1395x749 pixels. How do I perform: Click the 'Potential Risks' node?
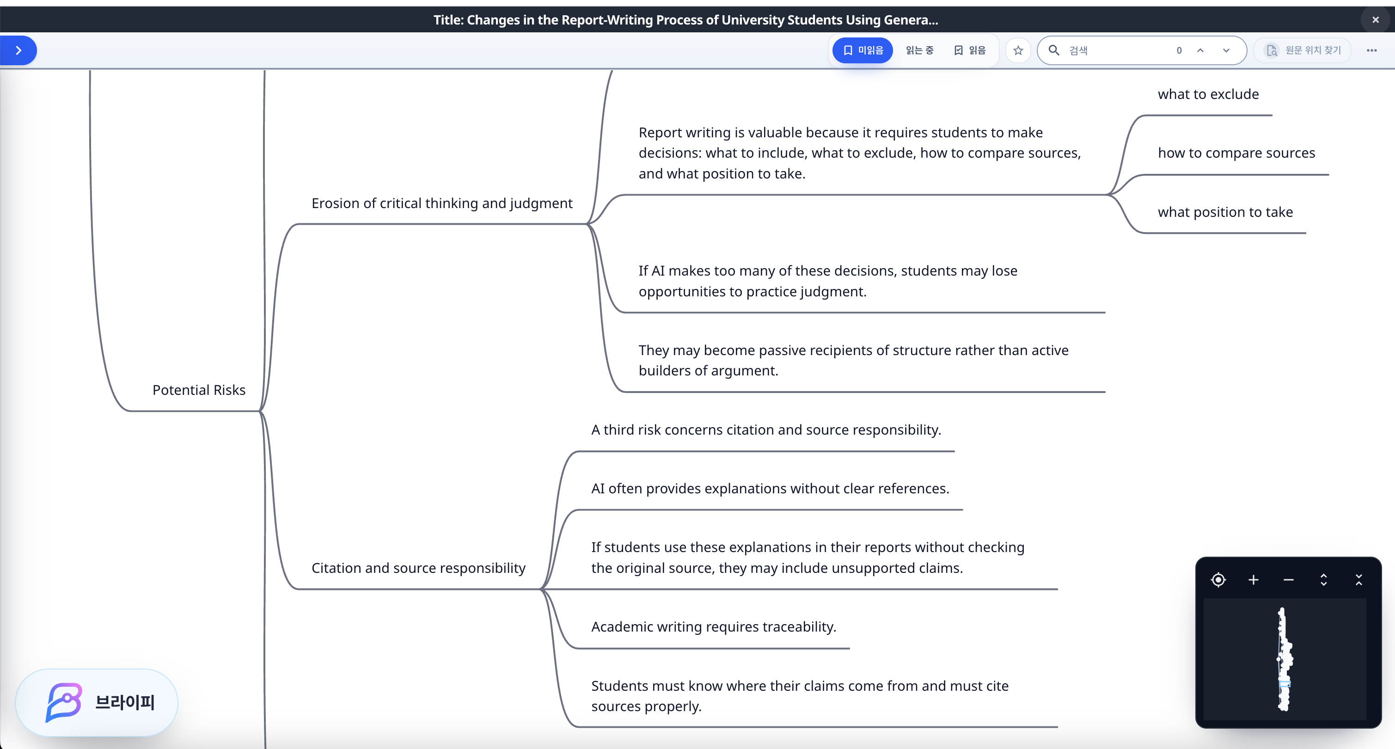pos(199,390)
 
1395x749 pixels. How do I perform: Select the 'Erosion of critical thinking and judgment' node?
pos(442,203)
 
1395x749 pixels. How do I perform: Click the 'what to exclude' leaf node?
pos(1208,94)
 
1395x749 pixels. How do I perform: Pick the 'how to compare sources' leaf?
pos(1236,153)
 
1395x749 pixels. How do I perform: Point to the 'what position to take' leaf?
pos(1225,212)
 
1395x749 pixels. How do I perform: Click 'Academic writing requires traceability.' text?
pos(714,626)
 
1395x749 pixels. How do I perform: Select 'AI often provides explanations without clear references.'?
pos(770,489)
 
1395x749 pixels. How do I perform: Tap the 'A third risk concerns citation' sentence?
pos(766,430)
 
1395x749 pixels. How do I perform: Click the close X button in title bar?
pos(1376,20)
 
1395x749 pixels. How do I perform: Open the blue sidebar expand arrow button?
pos(18,50)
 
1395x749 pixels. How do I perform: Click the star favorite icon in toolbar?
pos(1018,50)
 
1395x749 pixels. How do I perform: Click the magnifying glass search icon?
pos(1054,50)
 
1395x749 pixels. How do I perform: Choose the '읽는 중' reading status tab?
pos(919,50)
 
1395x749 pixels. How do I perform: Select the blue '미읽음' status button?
pos(863,50)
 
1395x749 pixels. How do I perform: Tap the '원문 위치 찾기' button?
pos(1303,50)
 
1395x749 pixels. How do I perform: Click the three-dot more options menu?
pos(1372,50)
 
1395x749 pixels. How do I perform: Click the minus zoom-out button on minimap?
pos(1288,580)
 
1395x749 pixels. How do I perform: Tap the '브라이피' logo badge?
pos(97,702)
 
